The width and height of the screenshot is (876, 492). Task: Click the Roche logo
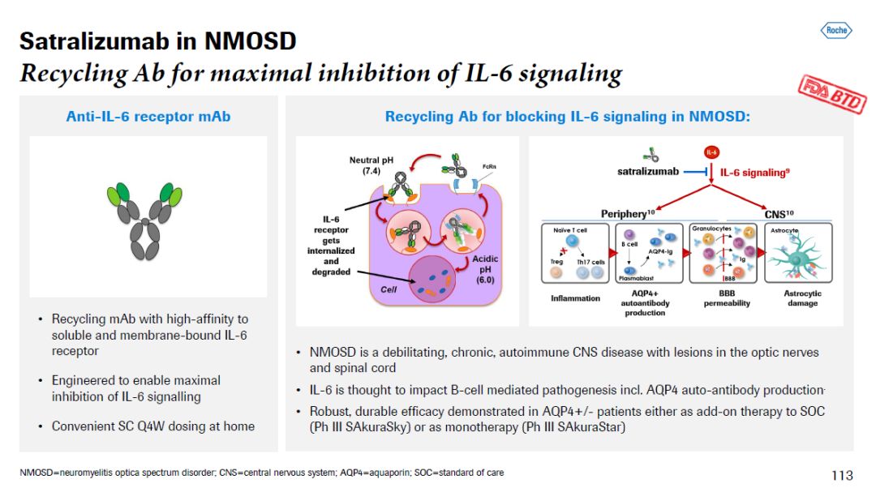coord(835,31)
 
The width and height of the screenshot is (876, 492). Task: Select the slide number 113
coord(843,475)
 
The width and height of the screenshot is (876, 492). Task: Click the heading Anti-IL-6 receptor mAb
coord(148,117)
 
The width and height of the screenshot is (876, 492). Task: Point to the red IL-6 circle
coord(711,152)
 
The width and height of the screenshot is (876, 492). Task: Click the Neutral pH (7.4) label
coord(366,165)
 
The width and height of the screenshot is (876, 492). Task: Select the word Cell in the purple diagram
coord(389,289)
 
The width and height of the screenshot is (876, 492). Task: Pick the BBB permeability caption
coord(727,298)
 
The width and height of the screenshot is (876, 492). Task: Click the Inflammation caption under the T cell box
coord(576,298)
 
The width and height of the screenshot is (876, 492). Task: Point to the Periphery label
coord(627,213)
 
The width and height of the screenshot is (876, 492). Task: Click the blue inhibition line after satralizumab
coord(694,172)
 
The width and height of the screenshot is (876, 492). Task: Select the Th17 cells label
coord(590,262)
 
